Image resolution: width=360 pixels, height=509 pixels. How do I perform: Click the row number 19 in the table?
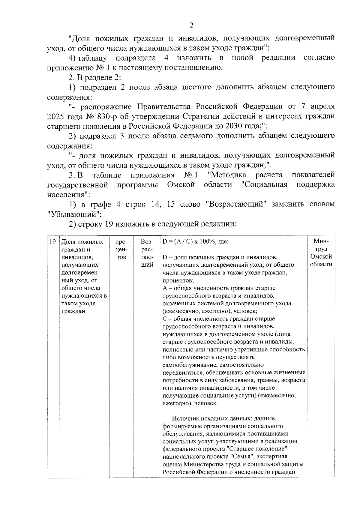pyautogui.click(x=52, y=242)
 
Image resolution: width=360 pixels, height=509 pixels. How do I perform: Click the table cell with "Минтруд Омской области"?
pyautogui.click(x=321, y=253)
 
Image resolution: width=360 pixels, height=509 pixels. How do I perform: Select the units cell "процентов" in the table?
pyautogui.click(x=121, y=250)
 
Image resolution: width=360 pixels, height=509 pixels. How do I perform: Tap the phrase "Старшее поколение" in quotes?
pyautogui.click(x=257, y=449)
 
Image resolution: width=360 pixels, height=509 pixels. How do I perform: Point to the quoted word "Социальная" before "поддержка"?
pyautogui.click(x=264, y=184)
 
